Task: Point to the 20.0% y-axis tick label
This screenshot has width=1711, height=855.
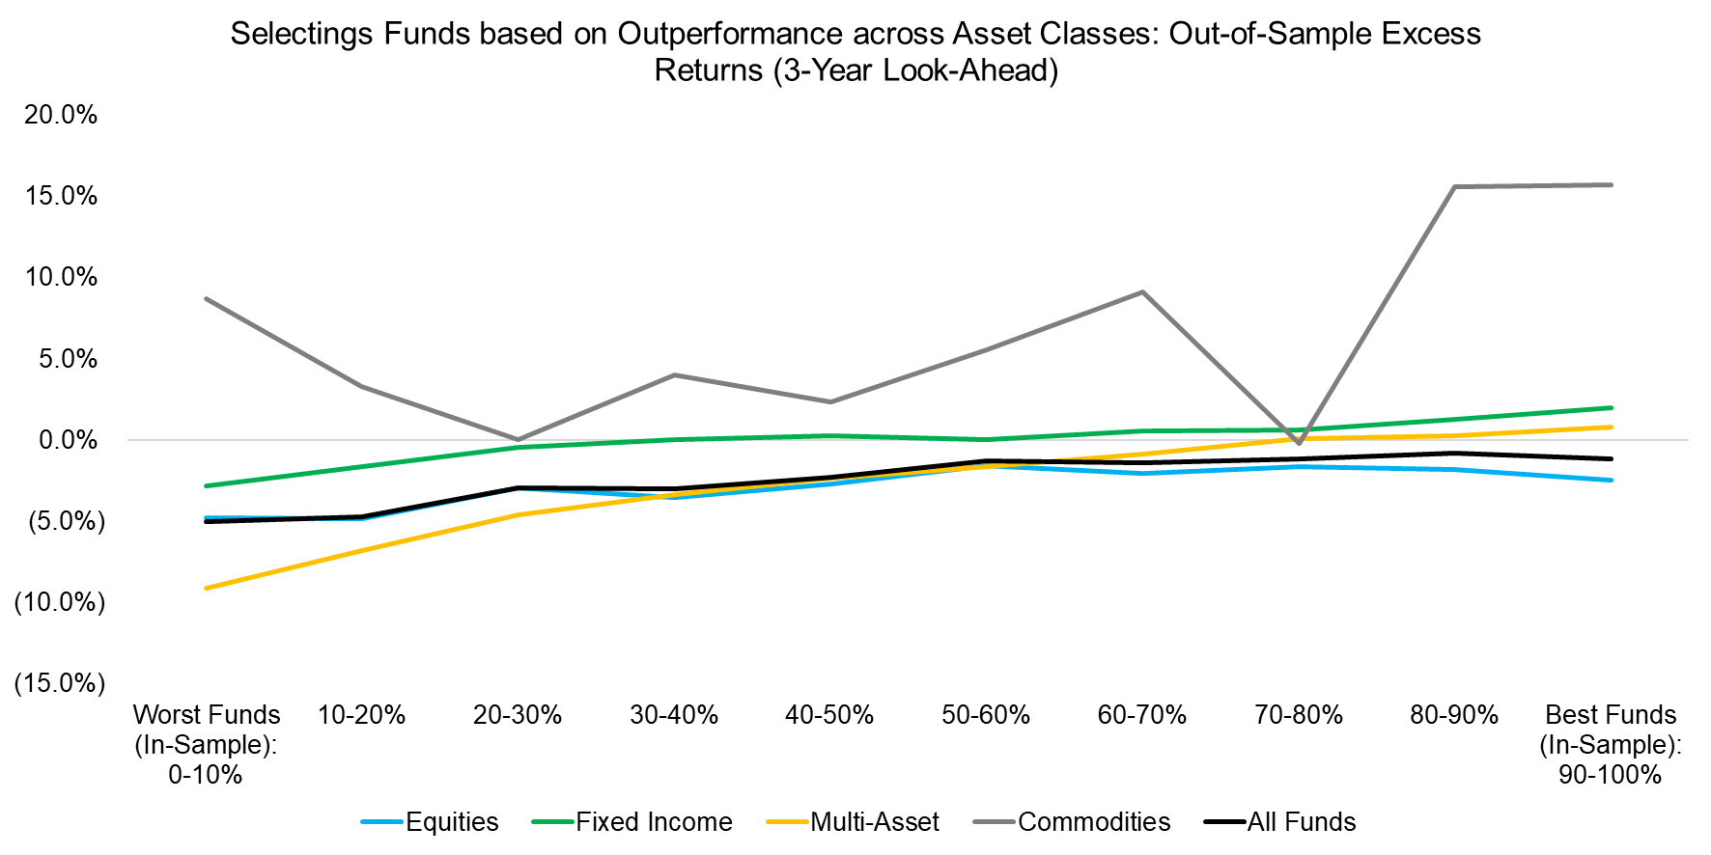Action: pos(61,115)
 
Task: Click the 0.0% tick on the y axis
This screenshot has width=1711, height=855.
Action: pos(68,440)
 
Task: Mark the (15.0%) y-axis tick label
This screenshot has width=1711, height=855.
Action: pos(59,683)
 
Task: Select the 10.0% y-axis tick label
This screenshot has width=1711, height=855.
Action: pos(61,277)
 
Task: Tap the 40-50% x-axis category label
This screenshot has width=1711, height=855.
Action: pos(829,715)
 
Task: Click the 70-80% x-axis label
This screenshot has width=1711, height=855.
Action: pos(1298,715)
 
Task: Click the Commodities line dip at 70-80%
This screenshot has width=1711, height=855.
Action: pos(1299,444)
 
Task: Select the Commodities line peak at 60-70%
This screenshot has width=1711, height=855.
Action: pos(1142,292)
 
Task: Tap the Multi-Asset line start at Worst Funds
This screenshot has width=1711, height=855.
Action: pos(207,588)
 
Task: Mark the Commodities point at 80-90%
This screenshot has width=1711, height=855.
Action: pos(1454,187)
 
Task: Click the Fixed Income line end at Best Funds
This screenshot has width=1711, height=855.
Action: pos(1611,407)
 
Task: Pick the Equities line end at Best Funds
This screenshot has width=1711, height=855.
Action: pos(1611,480)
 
